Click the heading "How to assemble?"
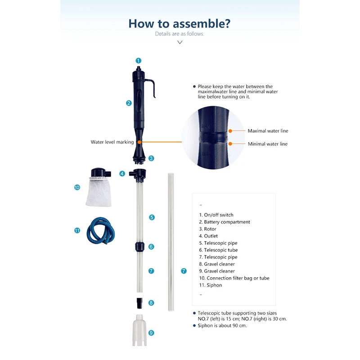coord(180,23)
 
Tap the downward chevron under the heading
coord(180,42)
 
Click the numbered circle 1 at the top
coord(139,60)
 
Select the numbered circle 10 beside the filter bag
coord(77,187)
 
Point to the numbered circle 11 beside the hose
coord(77,230)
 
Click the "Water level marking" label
coord(112,142)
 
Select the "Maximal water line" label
coord(268,131)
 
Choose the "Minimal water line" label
coord(267,144)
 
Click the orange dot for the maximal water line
coord(230,131)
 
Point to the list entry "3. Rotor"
coord(207,229)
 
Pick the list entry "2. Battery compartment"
coord(224,222)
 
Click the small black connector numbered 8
coord(139,301)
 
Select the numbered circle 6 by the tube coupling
coord(151,247)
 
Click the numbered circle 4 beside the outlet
coord(122,174)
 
